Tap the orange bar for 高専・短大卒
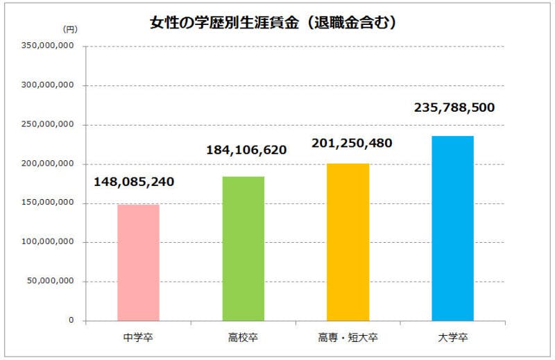pos(348,242)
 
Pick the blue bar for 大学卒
pos(452,228)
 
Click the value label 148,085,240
pos(134,182)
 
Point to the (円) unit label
pos(70,30)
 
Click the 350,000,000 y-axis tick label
pos(49,46)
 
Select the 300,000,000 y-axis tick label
pos(49,85)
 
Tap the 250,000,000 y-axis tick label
pos(49,125)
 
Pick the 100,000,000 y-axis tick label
pos(49,242)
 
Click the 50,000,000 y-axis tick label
pos(51,282)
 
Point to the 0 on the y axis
pos(71,320)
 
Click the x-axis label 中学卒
pos(139,338)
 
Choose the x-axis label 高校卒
pos(243,338)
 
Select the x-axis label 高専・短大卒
pos(348,338)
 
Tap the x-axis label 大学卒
pos(452,338)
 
